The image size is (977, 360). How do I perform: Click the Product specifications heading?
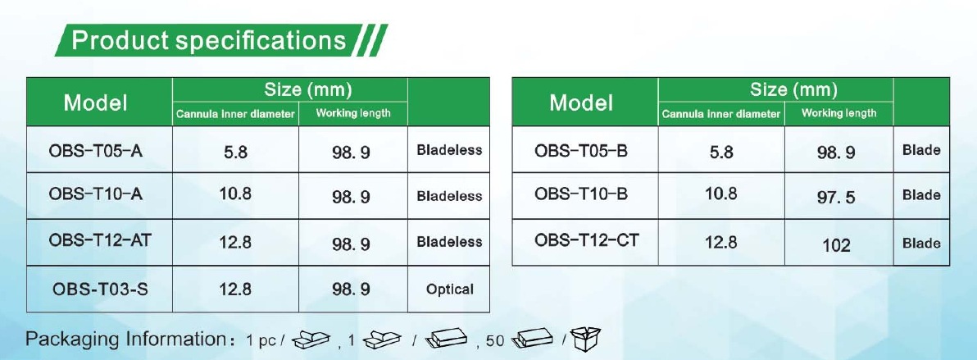click(x=209, y=40)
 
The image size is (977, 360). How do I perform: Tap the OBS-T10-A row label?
click(x=95, y=194)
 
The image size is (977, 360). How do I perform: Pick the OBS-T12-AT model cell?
click(x=100, y=240)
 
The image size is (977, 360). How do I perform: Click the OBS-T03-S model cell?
click(x=100, y=289)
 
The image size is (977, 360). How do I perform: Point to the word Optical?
click(x=450, y=289)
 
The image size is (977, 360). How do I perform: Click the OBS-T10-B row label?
click(x=581, y=194)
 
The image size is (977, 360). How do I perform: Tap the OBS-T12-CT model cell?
click(x=586, y=240)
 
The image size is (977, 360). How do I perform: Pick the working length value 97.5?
click(x=836, y=198)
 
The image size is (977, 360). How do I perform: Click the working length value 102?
click(x=836, y=245)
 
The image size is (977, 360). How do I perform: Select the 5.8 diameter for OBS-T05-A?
click(x=235, y=153)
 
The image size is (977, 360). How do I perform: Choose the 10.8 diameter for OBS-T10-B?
click(x=721, y=194)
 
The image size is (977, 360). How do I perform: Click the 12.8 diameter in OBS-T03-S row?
click(x=235, y=289)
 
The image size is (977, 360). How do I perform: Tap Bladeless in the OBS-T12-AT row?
click(x=449, y=241)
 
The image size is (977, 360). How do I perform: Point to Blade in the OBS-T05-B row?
click(x=921, y=150)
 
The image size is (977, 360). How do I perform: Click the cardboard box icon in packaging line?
click(x=586, y=338)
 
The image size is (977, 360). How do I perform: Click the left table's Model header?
click(x=95, y=103)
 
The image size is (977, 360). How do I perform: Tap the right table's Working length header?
click(x=838, y=113)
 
